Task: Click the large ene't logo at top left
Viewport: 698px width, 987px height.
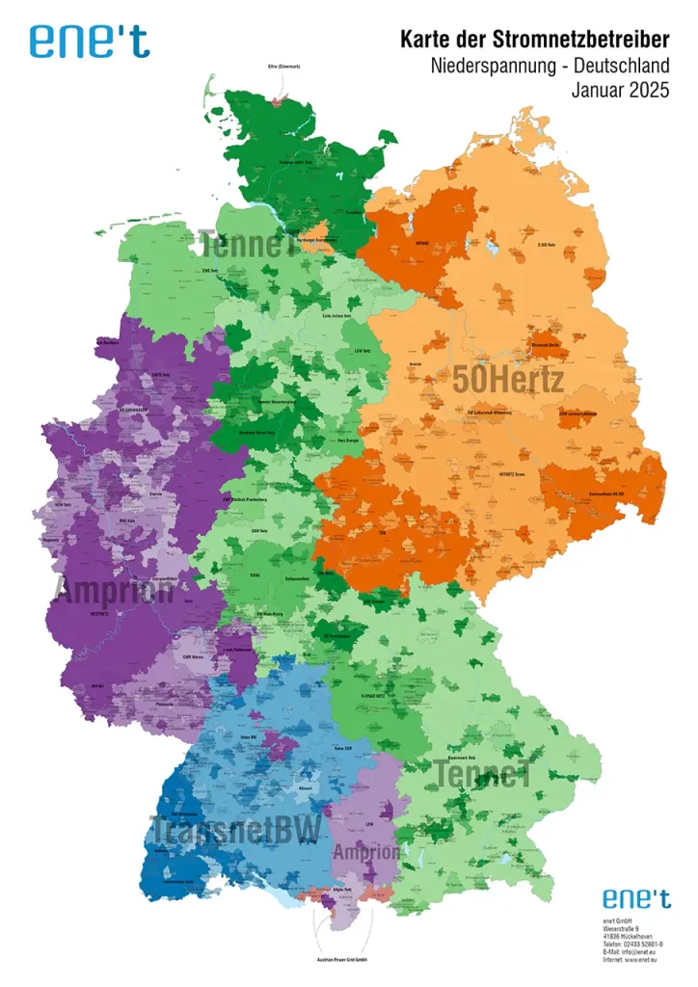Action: [90, 40]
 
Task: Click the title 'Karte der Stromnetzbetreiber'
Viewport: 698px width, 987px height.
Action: [534, 40]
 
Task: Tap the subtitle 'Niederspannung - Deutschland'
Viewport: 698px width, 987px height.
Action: [550, 67]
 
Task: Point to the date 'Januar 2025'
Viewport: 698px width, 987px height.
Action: [620, 93]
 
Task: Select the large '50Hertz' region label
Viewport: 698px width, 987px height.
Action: [508, 379]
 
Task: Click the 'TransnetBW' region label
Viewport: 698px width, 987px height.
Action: [236, 830]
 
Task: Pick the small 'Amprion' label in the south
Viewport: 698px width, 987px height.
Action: [366, 853]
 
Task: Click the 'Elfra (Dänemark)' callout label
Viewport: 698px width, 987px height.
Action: [284, 67]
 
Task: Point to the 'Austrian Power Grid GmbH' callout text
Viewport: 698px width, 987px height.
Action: [342, 960]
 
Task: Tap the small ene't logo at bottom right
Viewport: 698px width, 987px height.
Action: [636, 898]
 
